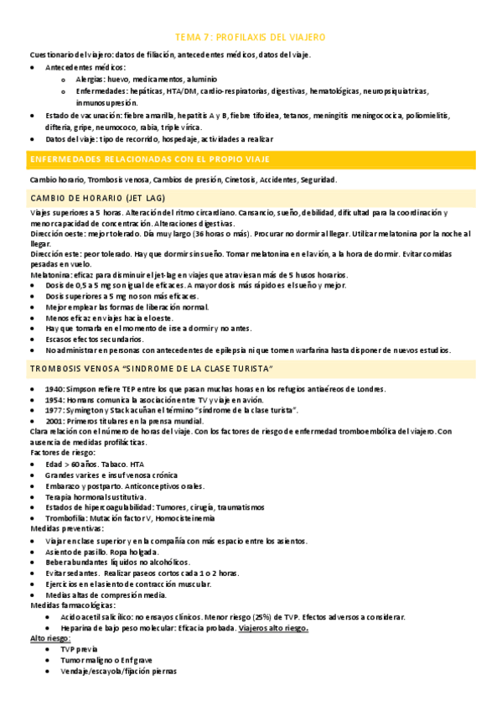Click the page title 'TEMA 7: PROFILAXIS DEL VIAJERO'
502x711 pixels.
tap(250, 38)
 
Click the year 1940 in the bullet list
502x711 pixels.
tap(56, 388)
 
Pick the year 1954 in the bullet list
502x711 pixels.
tap(56, 399)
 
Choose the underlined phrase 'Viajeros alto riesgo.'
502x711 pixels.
tap(273, 627)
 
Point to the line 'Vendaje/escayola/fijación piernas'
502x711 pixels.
tap(118, 671)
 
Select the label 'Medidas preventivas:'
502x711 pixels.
tap(66, 529)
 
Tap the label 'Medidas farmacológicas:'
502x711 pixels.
tap(72, 605)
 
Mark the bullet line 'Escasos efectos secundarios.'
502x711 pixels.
tap(95, 339)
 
